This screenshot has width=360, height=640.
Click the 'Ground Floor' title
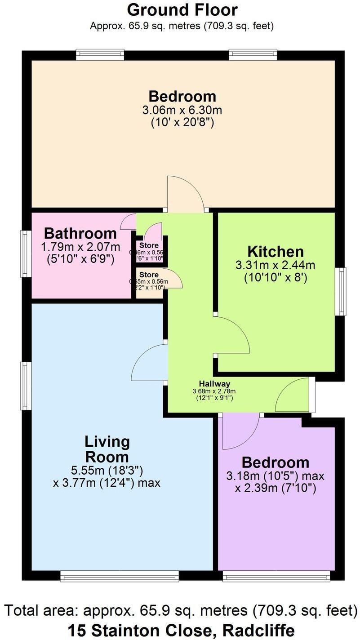pos(182,9)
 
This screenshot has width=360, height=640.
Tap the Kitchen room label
pos(276,252)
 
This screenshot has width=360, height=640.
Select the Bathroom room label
pos(80,233)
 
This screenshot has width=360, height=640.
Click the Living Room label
pos(107,449)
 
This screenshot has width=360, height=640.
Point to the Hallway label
pos(214,384)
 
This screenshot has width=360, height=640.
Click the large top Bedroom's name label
pos(182,96)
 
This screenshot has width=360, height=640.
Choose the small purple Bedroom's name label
pos(275,462)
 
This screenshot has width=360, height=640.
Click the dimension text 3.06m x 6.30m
pos(182,110)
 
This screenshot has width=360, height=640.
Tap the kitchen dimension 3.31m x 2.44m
pos(276,266)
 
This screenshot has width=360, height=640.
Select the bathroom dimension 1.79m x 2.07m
pos(80,247)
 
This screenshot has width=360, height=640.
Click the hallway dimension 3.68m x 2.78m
pos(214,391)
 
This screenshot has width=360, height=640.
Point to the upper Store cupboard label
pos(148,245)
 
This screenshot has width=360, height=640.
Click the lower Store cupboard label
pos(148,275)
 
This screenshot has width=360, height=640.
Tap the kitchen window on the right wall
pos(343,291)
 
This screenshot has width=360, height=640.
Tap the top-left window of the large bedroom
pos(100,54)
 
